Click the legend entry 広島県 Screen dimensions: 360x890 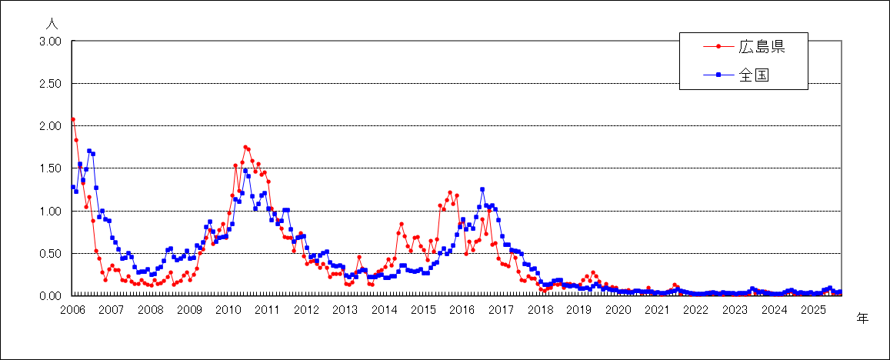point(761,47)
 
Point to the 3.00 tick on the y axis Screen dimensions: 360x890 point(50,42)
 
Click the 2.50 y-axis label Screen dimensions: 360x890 point(50,84)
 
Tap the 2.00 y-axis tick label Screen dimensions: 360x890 point(50,126)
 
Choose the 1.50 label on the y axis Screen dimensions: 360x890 point(50,168)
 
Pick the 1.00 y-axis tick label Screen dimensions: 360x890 point(50,211)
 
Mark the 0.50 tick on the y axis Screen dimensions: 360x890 point(50,253)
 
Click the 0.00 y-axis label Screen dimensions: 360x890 point(50,295)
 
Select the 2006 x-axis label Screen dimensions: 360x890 point(72,309)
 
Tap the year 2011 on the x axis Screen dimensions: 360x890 point(267,309)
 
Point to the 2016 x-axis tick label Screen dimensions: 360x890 point(462,309)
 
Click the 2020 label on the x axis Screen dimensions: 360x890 point(618,309)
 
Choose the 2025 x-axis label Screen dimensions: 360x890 point(812,309)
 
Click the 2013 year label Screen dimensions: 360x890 point(345,309)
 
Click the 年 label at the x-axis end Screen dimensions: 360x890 point(862,318)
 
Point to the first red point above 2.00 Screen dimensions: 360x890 point(73,119)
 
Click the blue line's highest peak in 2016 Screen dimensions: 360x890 point(482,189)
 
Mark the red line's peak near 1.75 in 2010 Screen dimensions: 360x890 point(245,147)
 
